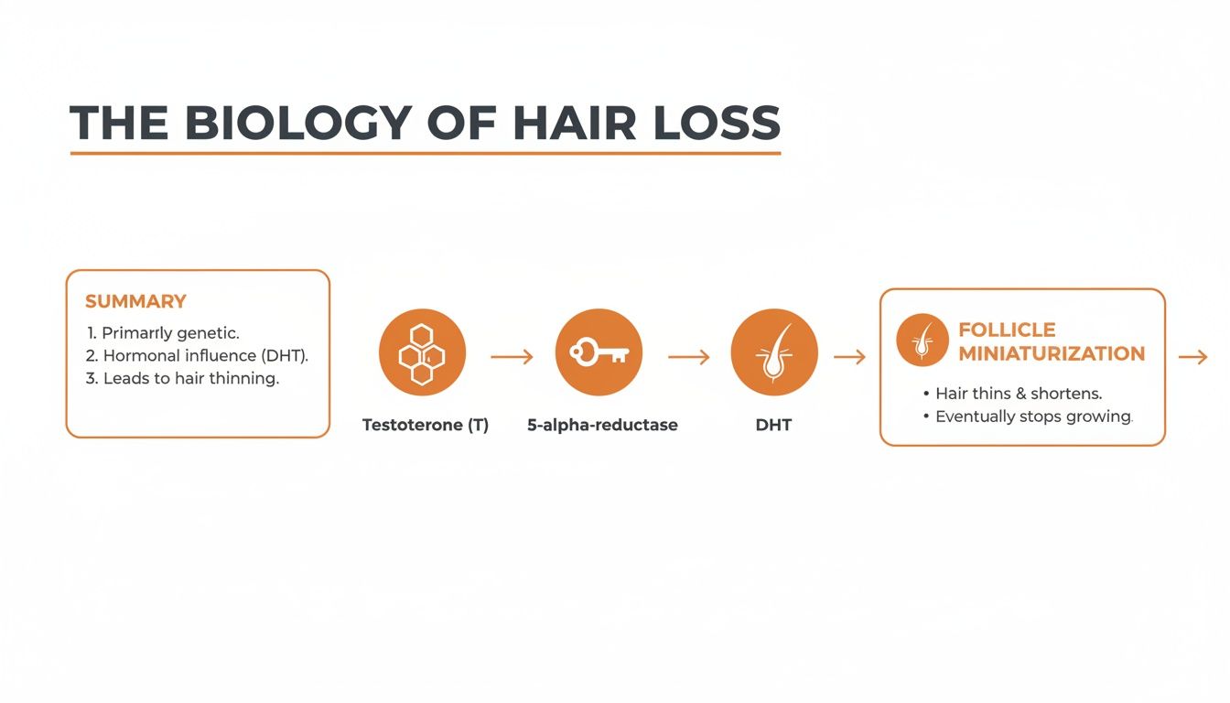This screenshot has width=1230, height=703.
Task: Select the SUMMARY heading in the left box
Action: (x=135, y=301)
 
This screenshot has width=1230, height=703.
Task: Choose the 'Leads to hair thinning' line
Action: (x=181, y=378)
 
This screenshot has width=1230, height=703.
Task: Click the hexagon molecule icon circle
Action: (x=422, y=352)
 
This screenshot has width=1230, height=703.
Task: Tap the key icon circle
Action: (x=599, y=352)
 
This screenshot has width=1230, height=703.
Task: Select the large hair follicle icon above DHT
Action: (x=774, y=352)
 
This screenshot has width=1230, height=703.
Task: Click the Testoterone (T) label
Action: (x=426, y=425)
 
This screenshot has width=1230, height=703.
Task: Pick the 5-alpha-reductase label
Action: (x=602, y=425)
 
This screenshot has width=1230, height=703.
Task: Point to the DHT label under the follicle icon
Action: (x=773, y=425)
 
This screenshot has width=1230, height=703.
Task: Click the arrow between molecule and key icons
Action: (x=512, y=357)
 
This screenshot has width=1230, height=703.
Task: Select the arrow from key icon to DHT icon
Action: (x=688, y=357)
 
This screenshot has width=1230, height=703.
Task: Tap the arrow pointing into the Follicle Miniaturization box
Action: (x=849, y=357)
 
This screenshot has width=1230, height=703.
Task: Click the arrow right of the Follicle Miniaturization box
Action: (x=1192, y=357)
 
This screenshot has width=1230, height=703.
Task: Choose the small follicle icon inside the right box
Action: (x=922, y=340)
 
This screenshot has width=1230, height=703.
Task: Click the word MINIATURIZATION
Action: (x=1052, y=353)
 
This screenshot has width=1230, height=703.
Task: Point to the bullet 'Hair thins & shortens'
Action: (x=1018, y=393)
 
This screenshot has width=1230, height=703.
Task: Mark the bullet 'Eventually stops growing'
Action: (x=1033, y=416)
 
